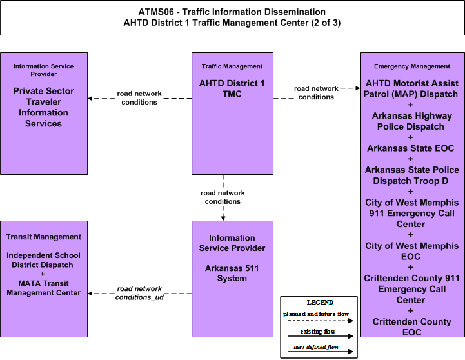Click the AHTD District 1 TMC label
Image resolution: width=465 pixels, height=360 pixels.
(232, 88)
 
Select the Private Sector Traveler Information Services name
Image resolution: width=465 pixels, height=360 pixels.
(44, 107)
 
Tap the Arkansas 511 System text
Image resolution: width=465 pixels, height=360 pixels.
(232, 274)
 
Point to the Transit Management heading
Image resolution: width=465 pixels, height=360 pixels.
(44, 237)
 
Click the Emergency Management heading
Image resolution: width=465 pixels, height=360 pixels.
(412, 66)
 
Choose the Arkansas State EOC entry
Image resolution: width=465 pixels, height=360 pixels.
(411, 148)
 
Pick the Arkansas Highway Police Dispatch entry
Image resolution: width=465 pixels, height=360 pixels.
(411, 121)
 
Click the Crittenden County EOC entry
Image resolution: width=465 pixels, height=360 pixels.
(411, 327)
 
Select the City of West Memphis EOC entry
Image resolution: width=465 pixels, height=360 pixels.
(411, 251)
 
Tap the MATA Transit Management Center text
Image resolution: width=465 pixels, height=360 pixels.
(44, 288)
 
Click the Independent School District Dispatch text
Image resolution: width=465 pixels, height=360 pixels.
(43, 260)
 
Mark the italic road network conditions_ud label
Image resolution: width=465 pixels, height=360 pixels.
(139, 293)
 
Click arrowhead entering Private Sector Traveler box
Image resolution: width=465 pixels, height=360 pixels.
(90, 99)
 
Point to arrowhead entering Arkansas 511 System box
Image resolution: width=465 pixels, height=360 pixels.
(223, 219)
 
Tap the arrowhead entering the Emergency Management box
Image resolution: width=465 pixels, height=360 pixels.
(358, 88)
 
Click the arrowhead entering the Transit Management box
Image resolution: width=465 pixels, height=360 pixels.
(90, 294)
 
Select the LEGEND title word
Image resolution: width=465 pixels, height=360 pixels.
(320, 303)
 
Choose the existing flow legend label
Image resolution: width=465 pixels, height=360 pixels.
(317, 332)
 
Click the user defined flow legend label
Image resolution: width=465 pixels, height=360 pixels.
(317, 347)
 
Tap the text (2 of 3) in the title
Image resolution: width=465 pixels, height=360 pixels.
(326, 23)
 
